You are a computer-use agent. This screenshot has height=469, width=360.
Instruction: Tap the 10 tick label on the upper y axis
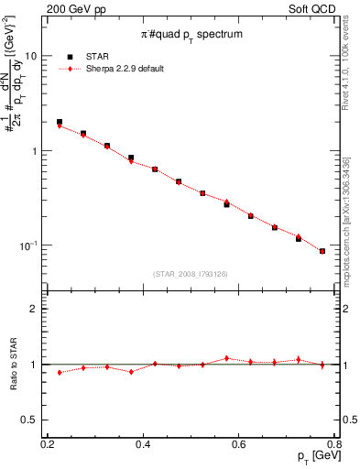click(x=30, y=56)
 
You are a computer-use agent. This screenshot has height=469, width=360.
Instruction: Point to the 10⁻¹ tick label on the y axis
click(x=27, y=245)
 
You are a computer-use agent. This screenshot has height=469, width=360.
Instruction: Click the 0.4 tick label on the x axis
click(x=143, y=444)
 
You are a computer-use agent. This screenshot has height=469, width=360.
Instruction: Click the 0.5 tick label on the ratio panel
click(x=29, y=419)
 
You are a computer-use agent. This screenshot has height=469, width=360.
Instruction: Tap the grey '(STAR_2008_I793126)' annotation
click(x=190, y=272)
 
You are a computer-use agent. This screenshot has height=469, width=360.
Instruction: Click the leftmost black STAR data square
click(x=60, y=122)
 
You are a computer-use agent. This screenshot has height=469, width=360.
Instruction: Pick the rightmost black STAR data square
click(x=322, y=251)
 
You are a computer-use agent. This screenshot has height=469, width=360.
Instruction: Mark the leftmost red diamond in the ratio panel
click(x=60, y=372)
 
